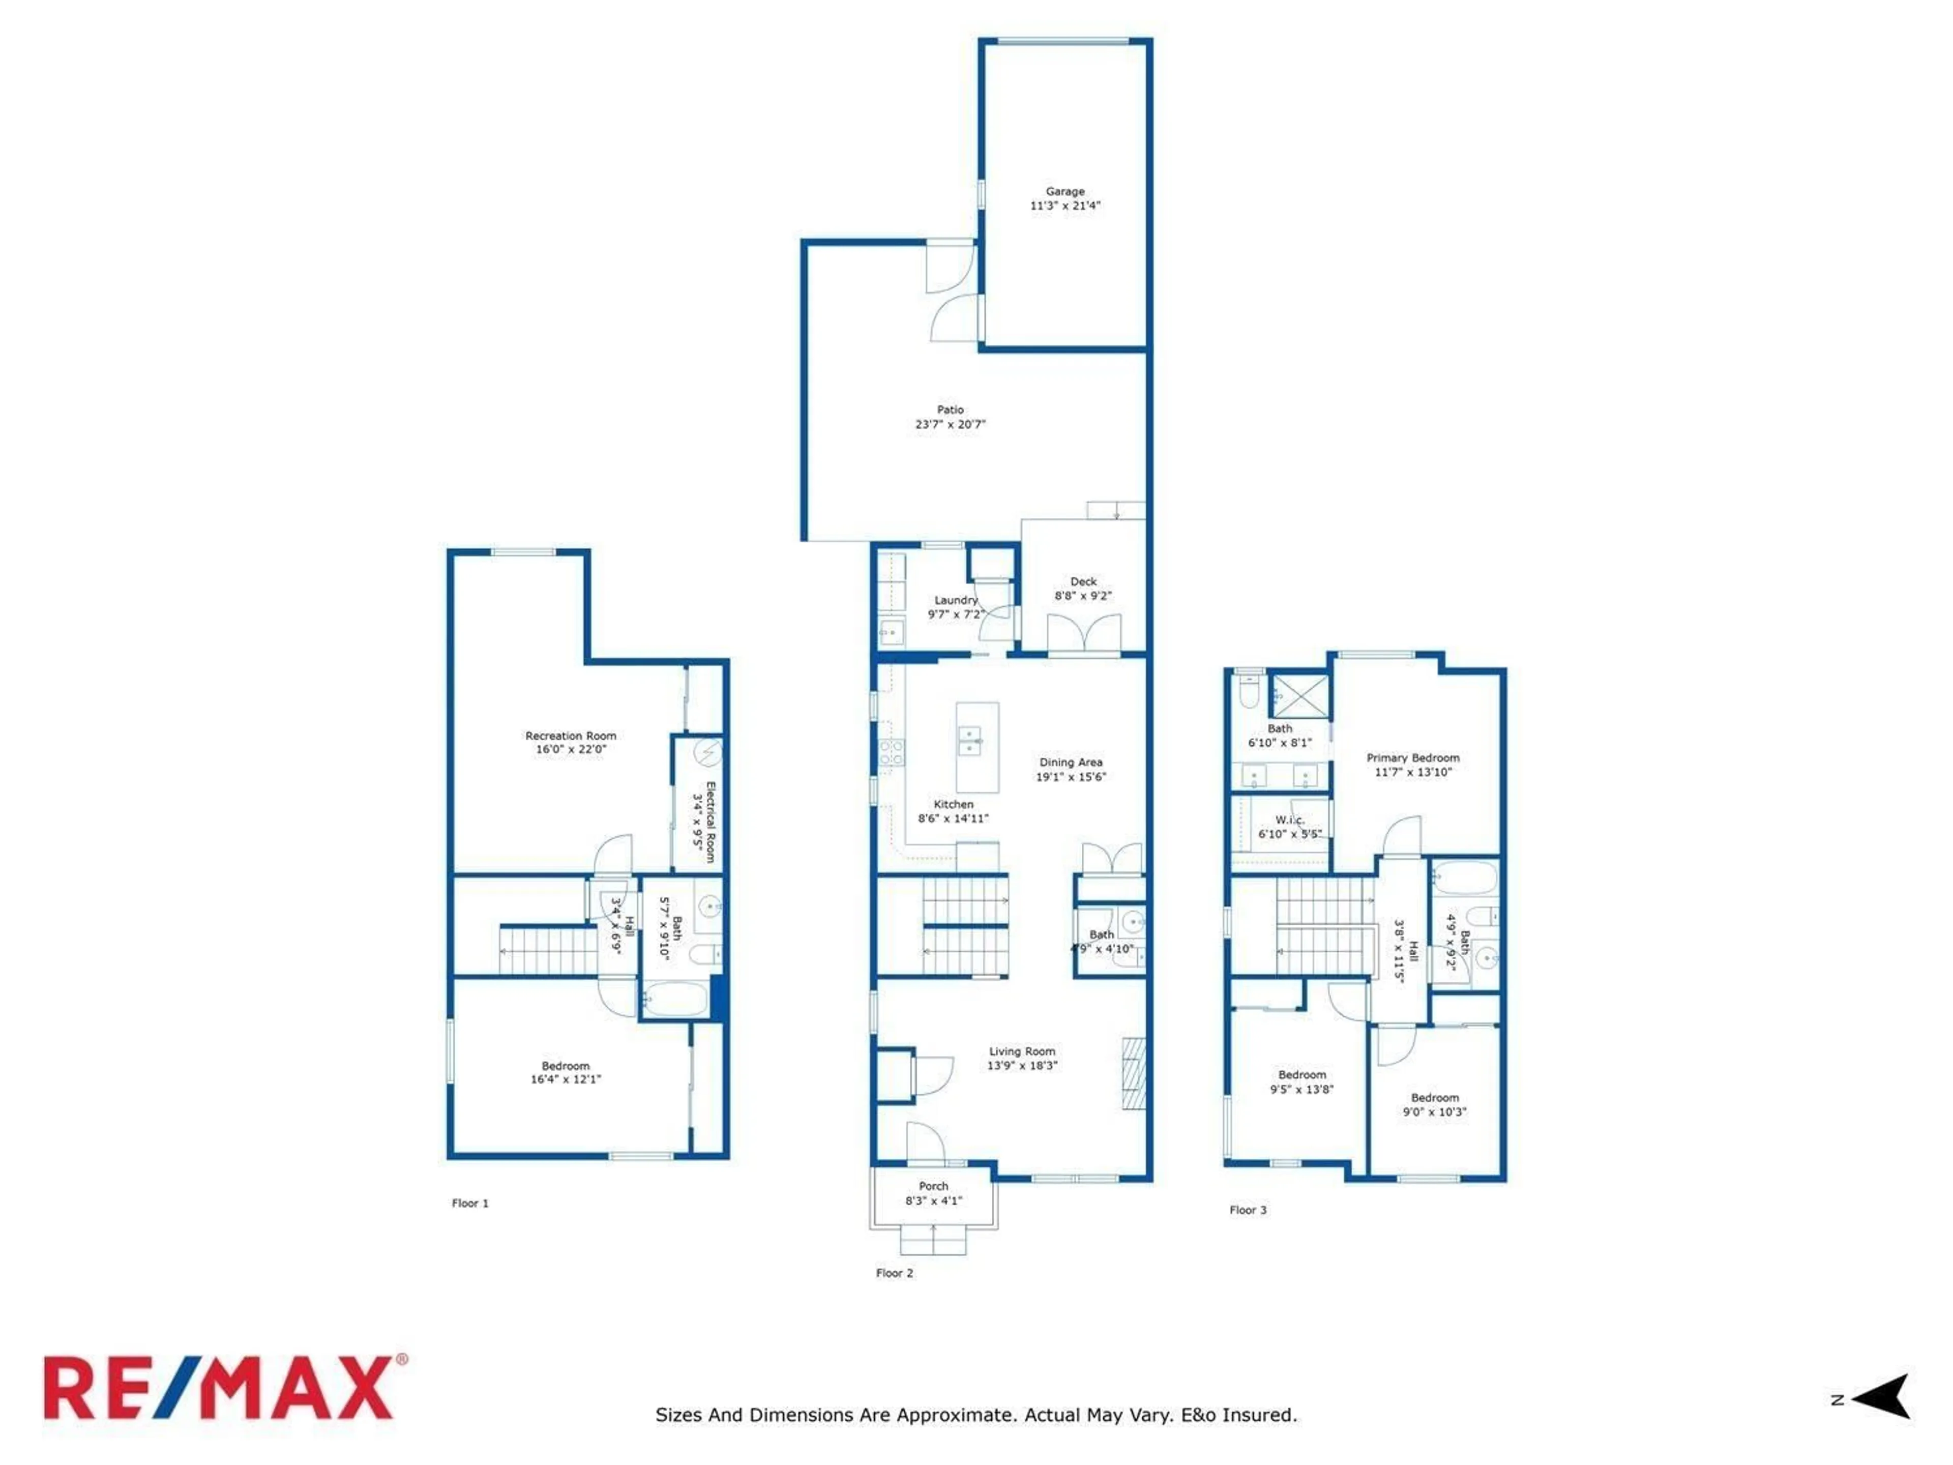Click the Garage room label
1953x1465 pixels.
(1065, 191)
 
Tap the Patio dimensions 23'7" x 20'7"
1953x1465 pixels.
(950, 424)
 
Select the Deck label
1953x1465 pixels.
(1083, 581)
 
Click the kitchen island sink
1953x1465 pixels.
(969, 740)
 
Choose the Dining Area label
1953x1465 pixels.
(1070, 762)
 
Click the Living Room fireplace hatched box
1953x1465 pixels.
(1134, 1073)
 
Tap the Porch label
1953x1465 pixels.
(933, 1186)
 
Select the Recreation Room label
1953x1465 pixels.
(570, 736)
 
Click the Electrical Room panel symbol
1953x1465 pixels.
(707, 753)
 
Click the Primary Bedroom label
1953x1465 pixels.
(1413, 757)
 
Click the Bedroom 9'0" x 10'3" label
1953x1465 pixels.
(1435, 1098)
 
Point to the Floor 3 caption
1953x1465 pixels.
(1248, 1210)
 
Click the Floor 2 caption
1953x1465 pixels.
(895, 1273)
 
